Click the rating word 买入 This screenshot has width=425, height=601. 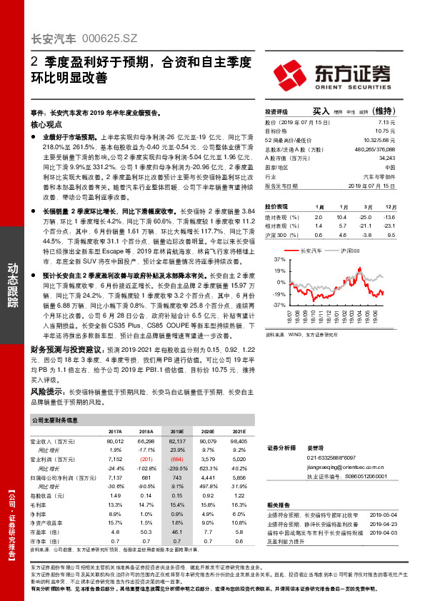(x=321, y=112)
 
